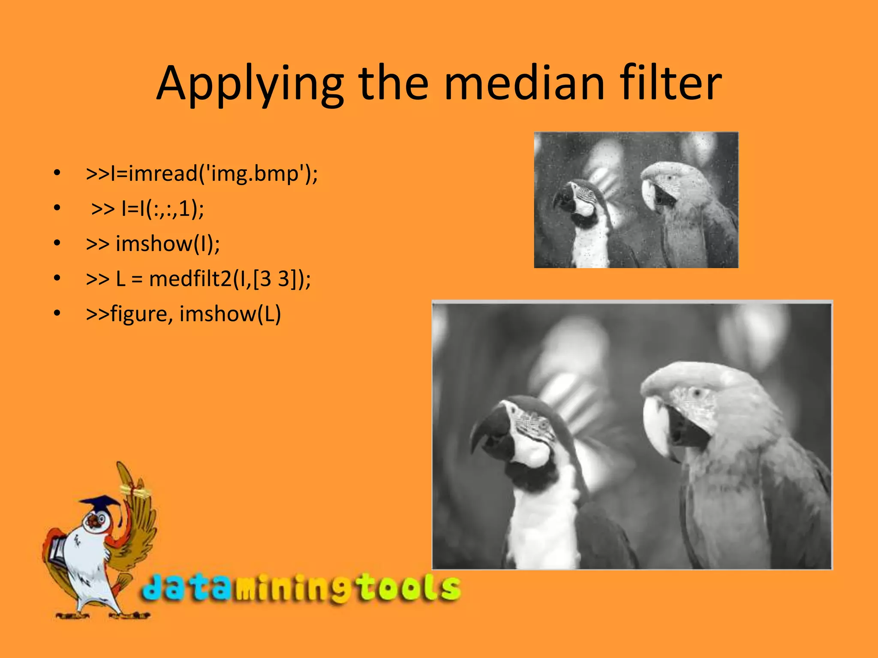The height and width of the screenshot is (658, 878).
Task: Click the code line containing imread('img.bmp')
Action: [201, 173]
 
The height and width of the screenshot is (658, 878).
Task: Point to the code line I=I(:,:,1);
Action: [148, 209]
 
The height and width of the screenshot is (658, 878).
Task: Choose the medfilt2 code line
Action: [198, 279]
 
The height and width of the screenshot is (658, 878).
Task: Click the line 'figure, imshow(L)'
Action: [183, 314]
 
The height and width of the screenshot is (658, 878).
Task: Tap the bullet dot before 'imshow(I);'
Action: [57, 243]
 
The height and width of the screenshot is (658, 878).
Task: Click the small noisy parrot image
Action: [636, 200]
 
